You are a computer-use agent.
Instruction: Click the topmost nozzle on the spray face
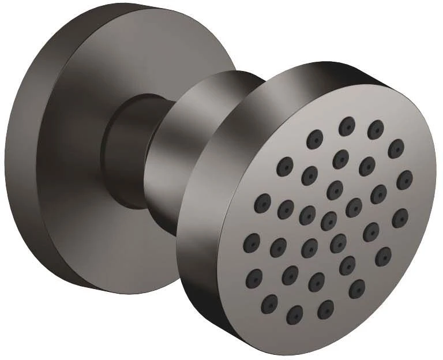pyautogui.click(x=346, y=126)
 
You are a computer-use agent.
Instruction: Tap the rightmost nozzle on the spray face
pyautogui.click(x=406, y=178)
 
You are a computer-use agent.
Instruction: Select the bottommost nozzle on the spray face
pyautogui.click(x=296, y=313)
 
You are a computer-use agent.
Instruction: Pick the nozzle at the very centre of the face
pyautogui.click(x=329, y=219)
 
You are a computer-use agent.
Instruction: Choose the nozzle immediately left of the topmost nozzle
pyautogui.click(x=315, y=138)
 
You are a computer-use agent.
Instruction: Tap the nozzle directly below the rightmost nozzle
pyautogui.click(x=400, y=217)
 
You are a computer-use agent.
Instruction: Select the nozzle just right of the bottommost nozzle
pyautogui.click(x=326, y=309)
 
